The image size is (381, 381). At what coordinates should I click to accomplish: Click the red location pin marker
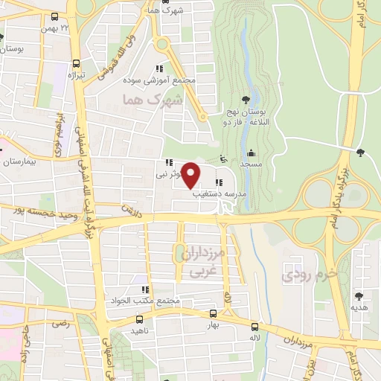[x=191, y=174]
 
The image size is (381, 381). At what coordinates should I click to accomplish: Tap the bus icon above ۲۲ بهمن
[x=54, y=16]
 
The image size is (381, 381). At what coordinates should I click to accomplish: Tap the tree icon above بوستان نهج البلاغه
[x=246, y=101]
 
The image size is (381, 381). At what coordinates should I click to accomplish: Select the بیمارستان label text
[x=19, y=161]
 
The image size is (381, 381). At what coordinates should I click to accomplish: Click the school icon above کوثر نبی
[x=169, y=163]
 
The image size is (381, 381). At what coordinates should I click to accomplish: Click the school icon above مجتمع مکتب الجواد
[x=146, y=289]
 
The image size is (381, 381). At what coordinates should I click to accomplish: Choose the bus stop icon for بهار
[x=214, y=315]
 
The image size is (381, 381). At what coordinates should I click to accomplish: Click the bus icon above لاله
[x=255, y=326]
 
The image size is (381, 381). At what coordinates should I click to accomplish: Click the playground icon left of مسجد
[x=222, y=159]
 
